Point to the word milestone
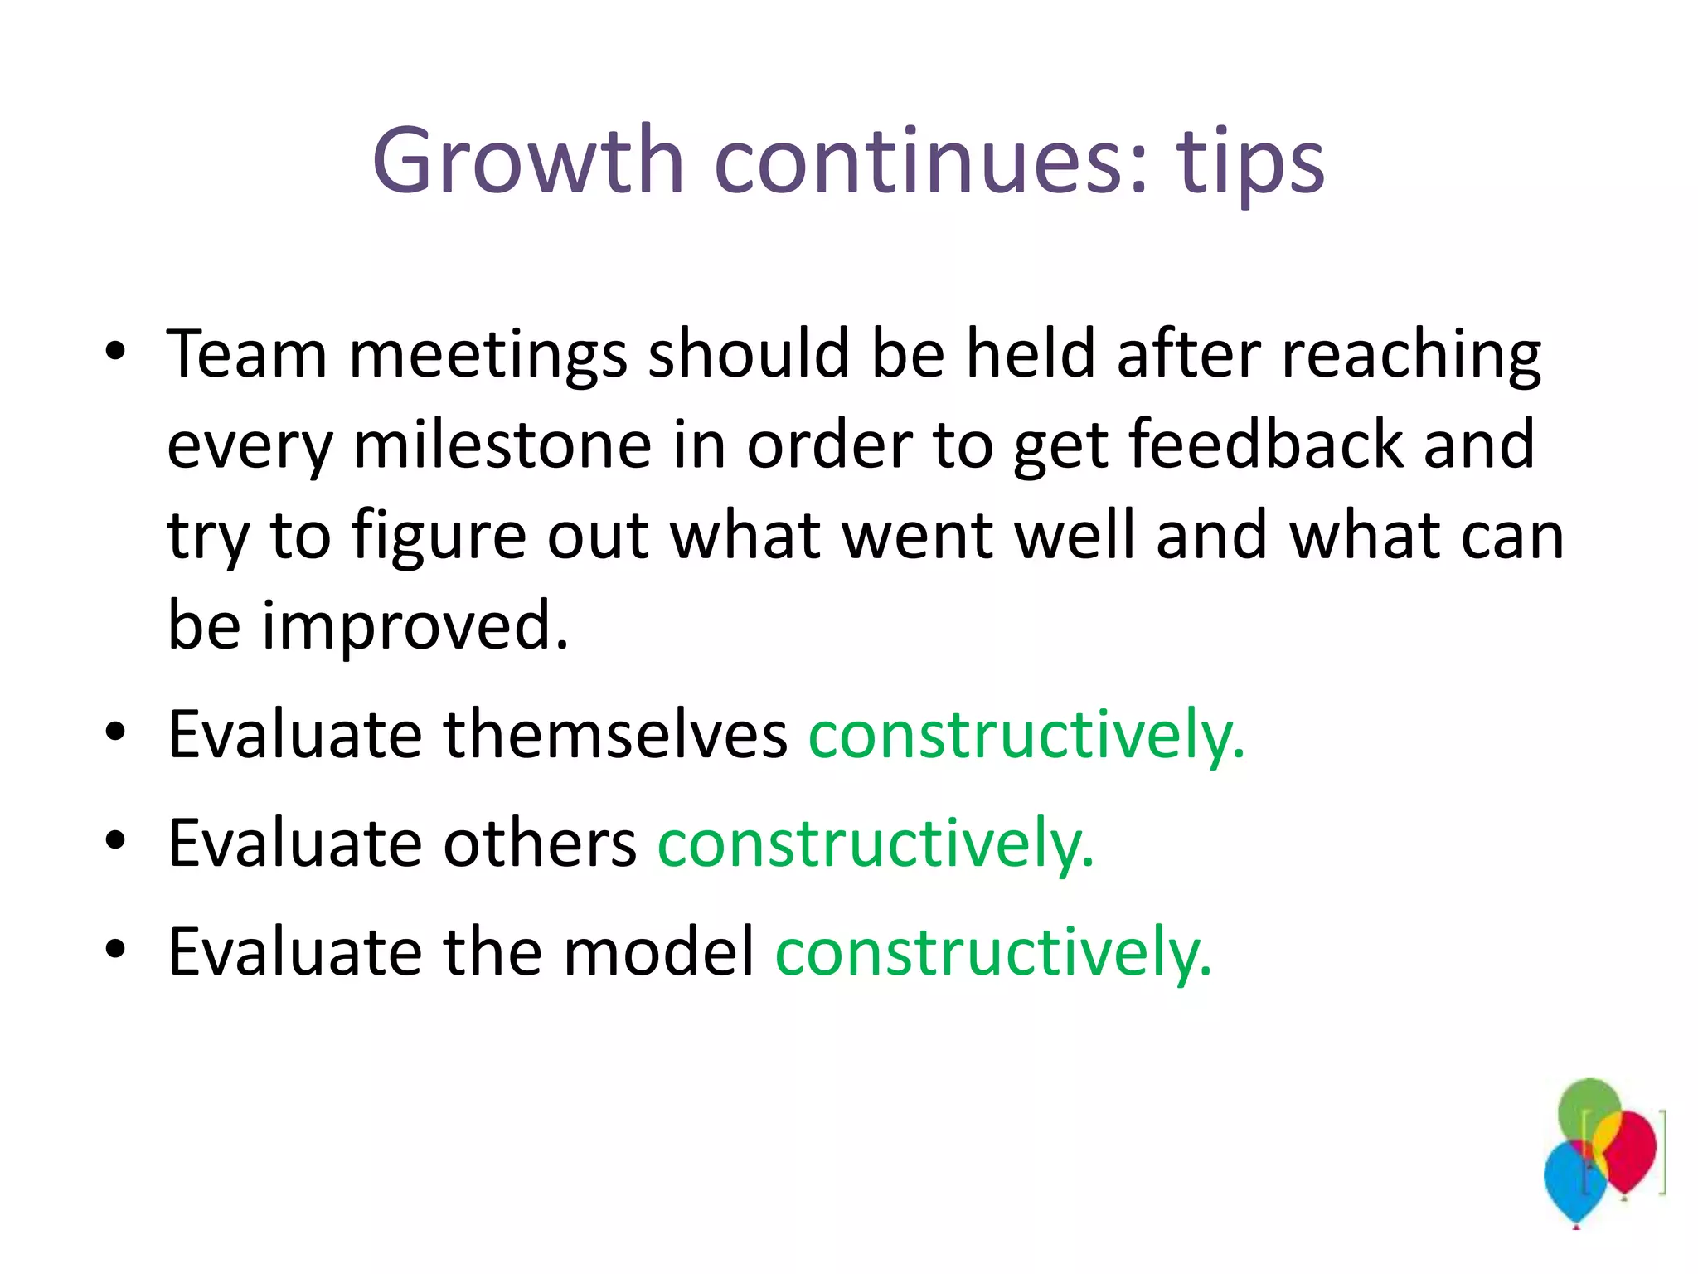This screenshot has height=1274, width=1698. click(502, 445)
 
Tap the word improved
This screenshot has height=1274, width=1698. click(415, 625)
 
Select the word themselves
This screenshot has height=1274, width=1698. click(615, 734)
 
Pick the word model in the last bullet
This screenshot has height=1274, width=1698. click(658, 951)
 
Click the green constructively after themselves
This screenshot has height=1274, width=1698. click(1026, 734)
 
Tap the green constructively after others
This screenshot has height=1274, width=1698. click(876, 843)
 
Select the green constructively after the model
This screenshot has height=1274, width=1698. click(992, 951)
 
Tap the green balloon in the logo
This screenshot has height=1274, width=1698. click(1587, 1107)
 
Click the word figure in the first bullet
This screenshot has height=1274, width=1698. click(439, 536)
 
